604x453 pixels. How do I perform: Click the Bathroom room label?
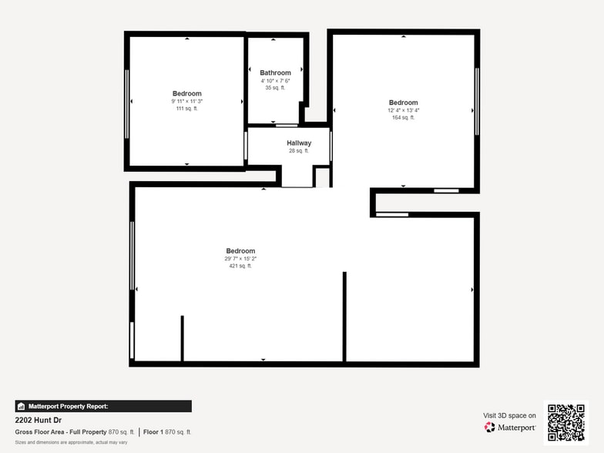(x=275, y=73)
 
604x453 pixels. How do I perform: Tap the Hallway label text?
(x=299, y=143)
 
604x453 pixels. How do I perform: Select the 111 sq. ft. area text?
(x=186, y=109)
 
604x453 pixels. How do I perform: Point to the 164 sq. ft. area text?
(x=403, y=118)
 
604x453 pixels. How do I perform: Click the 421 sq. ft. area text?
(x=240, y=266)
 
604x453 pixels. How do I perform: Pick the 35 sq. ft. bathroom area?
(x=275, y=88)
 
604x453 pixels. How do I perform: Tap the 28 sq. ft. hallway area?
(x=299, y=151)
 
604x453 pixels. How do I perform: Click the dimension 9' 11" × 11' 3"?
(x=186, y=101)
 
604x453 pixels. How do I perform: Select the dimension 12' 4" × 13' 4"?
(x=403, y=110)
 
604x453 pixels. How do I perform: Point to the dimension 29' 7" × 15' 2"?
(x=240, y=259)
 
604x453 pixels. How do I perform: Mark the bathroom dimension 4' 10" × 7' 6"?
(x=275, y=81)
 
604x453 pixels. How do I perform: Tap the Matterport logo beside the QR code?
(x=510, y=427)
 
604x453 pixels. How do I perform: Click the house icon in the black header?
(x=21, y=406)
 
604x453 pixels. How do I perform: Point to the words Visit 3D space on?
(x=509, y=415)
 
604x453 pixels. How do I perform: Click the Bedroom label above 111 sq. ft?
(x=186, y=93)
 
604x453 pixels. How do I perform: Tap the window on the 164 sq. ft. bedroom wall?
(x=477, y=100)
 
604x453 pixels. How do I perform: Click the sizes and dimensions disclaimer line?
(x=71, y=442)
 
